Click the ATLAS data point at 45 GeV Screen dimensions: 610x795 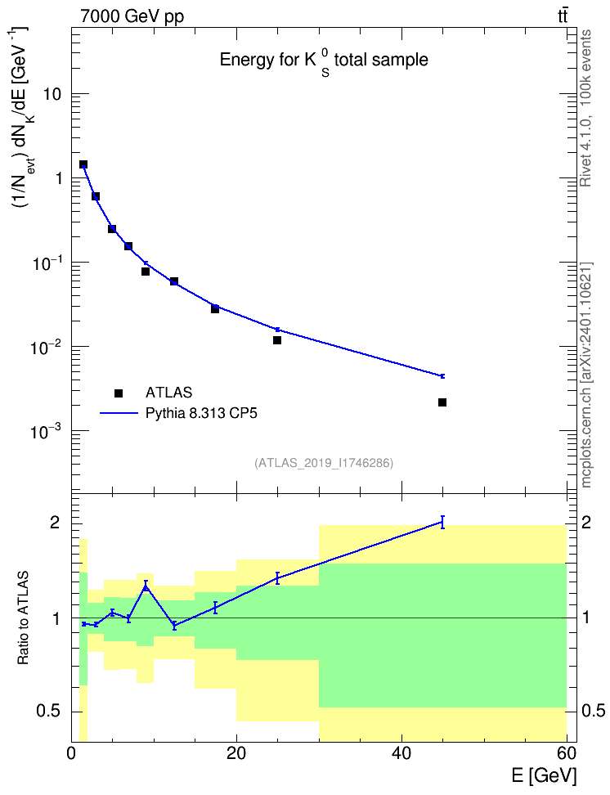point(442,402)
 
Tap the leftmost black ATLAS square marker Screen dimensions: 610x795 point(83,164)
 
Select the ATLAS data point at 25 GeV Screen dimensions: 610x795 point(277,340)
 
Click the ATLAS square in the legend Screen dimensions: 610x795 point(119,393)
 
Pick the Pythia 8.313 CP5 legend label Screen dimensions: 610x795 point(201,413)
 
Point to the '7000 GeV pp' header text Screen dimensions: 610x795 point(132,16)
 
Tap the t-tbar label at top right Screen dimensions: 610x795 point(563,16)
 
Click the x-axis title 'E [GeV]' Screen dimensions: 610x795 point(544,775)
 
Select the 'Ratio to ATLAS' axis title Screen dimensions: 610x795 point(23,618)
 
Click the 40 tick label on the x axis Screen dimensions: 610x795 point(401,753)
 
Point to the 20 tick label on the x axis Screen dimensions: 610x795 point(236,753)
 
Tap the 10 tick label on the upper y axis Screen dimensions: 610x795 point(52,94)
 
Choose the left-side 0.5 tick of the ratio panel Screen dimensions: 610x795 point(48,711)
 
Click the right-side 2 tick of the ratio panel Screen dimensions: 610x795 point(585,522)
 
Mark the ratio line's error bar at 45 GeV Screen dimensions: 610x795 point(442,522)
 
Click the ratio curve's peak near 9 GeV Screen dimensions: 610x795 point(146,586)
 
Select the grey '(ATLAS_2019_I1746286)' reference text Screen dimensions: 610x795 point(324,463)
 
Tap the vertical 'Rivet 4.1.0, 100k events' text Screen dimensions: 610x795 point(586,108)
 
